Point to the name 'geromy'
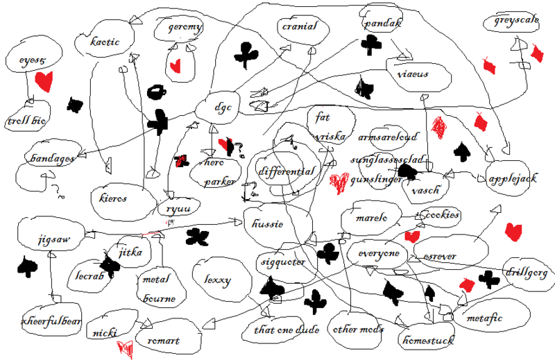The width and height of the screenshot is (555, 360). coord(185,28)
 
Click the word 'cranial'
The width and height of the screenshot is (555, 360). coord(299,27)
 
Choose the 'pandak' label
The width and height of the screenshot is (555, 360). coord(382,24)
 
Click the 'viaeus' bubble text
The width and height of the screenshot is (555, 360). coord(413,74)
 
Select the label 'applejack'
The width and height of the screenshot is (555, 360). coord(512,179)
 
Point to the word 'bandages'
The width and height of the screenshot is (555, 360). coord(51,159)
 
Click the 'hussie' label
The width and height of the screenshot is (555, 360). coord(266,223)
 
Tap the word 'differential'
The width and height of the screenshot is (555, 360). coord(287,171)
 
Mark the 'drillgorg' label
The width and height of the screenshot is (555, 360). coord(526,272)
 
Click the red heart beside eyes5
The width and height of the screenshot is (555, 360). coord(44,81)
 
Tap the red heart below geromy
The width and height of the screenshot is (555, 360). coord(176,67)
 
